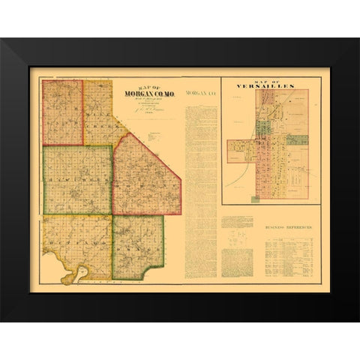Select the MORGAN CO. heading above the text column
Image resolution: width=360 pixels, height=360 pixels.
pyautogui.click(x=200, y=93)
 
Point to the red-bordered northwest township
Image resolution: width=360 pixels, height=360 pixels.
pyautogui.click(x=61, y=112)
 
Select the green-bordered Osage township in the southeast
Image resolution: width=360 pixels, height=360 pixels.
pyautogui.click(x=137, y=246)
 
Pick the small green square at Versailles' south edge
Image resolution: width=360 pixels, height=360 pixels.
pyautogui.click(x=255, y=199)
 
